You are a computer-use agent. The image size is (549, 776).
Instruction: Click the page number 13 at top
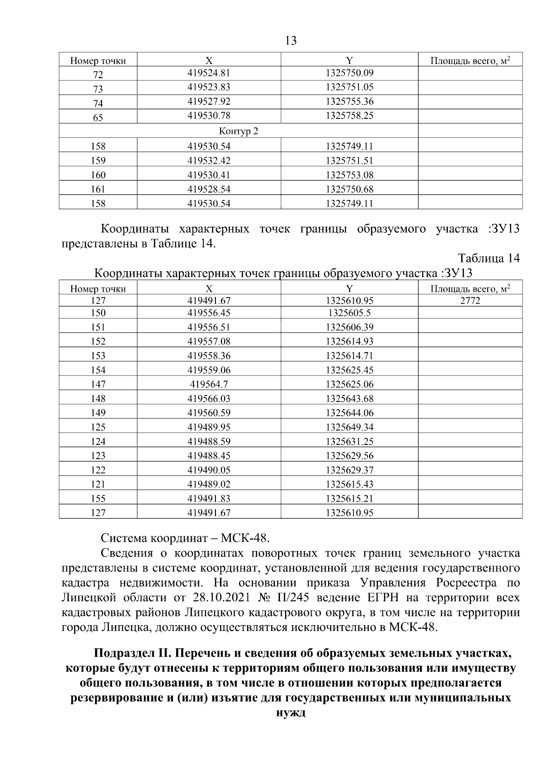291,41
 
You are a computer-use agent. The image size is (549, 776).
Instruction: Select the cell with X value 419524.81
209,73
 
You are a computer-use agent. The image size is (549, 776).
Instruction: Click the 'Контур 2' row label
238,132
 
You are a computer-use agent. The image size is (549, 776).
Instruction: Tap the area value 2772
470,300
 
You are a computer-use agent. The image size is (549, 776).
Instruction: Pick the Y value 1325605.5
350,313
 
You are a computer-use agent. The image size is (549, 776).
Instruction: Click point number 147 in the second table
98,385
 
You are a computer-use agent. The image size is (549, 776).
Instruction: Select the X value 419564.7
209,385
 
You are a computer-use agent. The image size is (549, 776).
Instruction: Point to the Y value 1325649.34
350,427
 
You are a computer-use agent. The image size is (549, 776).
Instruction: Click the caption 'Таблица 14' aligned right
489,258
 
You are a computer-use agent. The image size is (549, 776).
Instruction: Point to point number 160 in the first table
98,175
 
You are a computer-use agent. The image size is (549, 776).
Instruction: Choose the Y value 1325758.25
350,116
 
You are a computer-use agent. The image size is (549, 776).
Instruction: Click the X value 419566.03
209,399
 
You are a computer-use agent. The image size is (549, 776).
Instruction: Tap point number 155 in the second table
98,498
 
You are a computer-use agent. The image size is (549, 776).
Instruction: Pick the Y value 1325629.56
350,455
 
